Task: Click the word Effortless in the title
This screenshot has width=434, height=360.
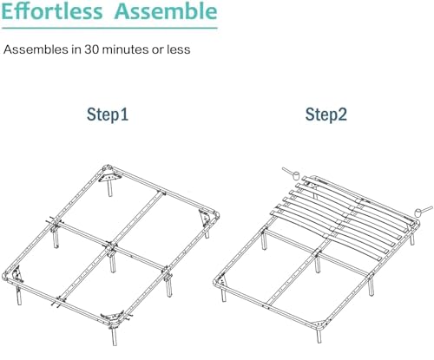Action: [52, 11]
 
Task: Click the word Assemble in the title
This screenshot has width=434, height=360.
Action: [166, 11]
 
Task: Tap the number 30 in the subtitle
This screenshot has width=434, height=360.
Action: [92, 49]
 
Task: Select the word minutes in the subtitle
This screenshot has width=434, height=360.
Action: [125, 49]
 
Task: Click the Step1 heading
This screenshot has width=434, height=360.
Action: [108, 115]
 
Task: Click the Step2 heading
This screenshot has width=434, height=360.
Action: [325, 115]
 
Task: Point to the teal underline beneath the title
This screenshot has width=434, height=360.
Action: [109, 28]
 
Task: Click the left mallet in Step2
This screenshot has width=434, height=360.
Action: [292, 173]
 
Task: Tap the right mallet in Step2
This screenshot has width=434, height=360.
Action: [424, 211]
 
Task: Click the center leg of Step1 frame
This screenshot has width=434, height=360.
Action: [112, 263]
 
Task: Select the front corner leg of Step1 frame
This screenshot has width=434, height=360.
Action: [115, 336]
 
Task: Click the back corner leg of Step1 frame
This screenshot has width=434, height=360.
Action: [110, 188]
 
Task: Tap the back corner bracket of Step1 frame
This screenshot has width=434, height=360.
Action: [110, 176]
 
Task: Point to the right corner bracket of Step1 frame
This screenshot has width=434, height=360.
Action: [206, 218]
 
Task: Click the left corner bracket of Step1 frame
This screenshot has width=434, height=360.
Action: [17, 274]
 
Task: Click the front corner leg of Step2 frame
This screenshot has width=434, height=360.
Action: [319, 336]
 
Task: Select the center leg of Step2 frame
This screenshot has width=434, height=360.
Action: [318, 263]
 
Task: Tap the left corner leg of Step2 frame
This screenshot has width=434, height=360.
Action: [223, 294]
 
